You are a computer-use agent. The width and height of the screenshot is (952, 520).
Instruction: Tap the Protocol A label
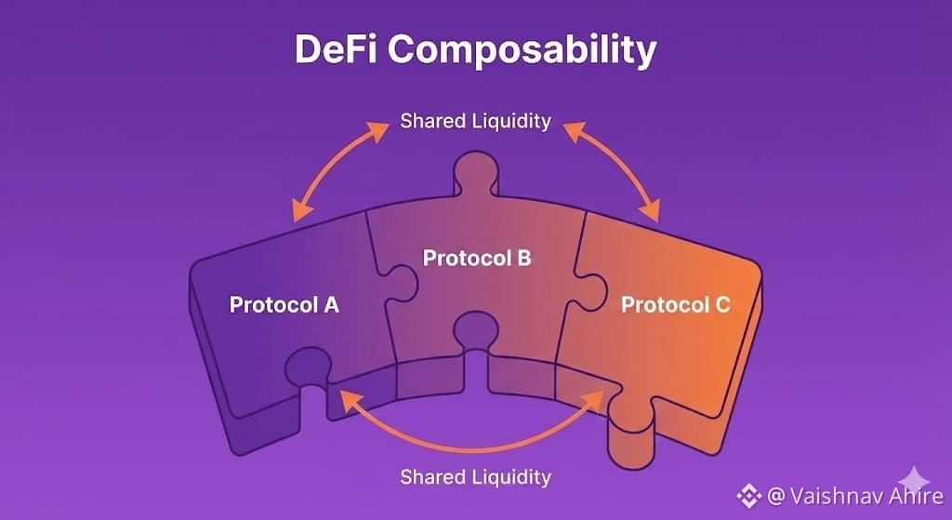284,304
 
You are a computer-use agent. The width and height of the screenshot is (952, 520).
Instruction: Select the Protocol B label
477,258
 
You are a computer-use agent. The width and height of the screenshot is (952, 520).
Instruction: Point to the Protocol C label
676,304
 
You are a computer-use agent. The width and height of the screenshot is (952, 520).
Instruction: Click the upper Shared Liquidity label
475,121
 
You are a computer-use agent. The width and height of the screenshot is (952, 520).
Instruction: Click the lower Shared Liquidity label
475,477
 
